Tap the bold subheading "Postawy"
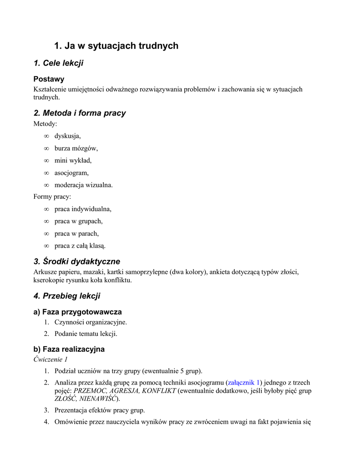49,79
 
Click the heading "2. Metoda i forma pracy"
80,113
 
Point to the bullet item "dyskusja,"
67,136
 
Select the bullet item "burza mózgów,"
76,148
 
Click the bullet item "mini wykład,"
73,160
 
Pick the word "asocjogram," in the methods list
71,172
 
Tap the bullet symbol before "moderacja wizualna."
46,185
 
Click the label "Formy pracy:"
52,197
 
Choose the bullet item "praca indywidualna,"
83,209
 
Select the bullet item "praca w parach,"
76,233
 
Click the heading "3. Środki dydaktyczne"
77,261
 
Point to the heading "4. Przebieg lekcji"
67,296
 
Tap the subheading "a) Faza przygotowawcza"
77,312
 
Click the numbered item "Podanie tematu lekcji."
86,334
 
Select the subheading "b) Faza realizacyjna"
69,349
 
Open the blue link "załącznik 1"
243,383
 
